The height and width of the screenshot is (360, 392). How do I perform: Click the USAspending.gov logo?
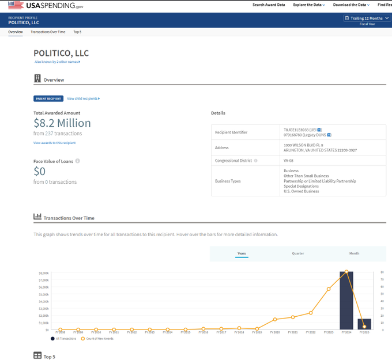tap(49, 5)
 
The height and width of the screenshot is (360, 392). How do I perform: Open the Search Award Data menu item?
tap(269, 5)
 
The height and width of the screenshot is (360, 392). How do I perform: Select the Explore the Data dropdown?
tap(308, 5)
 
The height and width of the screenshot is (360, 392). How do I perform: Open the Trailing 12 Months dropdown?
tap(367, 18)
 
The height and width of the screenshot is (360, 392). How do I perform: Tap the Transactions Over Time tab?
tap(48, 32)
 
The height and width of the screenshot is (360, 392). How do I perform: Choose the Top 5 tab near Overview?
tap(77, 32)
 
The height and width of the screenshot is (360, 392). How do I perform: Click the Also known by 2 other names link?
tap(57, 62)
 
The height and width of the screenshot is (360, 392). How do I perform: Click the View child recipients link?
tap(83, 98)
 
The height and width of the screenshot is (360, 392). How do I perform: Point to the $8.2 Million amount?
tap(62, 123)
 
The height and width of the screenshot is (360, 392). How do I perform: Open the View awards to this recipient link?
tap(54, 143)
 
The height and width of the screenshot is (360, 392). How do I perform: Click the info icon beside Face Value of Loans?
tap(78, 161)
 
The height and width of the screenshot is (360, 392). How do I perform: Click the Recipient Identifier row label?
tap(231, 132)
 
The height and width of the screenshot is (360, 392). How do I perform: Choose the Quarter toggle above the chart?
tap(297, 253)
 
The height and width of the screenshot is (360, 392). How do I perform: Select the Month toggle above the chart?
tap(354, 253)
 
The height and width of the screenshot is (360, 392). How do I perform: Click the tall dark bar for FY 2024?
tap(346, 300)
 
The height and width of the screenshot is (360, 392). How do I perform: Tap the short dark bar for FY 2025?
tap(364, 324)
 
